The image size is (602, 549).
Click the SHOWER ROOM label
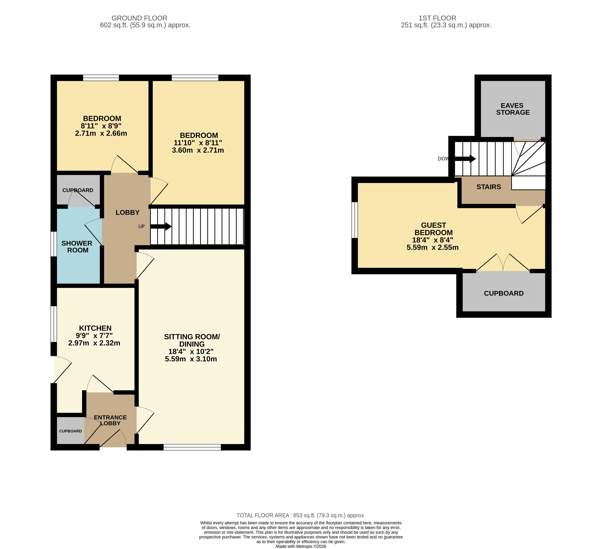click(77, 247)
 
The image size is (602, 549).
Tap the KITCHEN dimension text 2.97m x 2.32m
click(94, 343)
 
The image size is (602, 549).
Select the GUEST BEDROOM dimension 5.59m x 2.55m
click(432, 248)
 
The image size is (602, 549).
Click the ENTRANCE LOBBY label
click(110, 420)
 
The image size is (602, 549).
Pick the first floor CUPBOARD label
click(504, 293)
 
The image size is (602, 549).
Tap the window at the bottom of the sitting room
click(192, 447)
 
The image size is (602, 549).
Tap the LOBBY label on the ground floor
click(128, 212)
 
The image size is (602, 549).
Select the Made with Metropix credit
click(301, 546)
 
